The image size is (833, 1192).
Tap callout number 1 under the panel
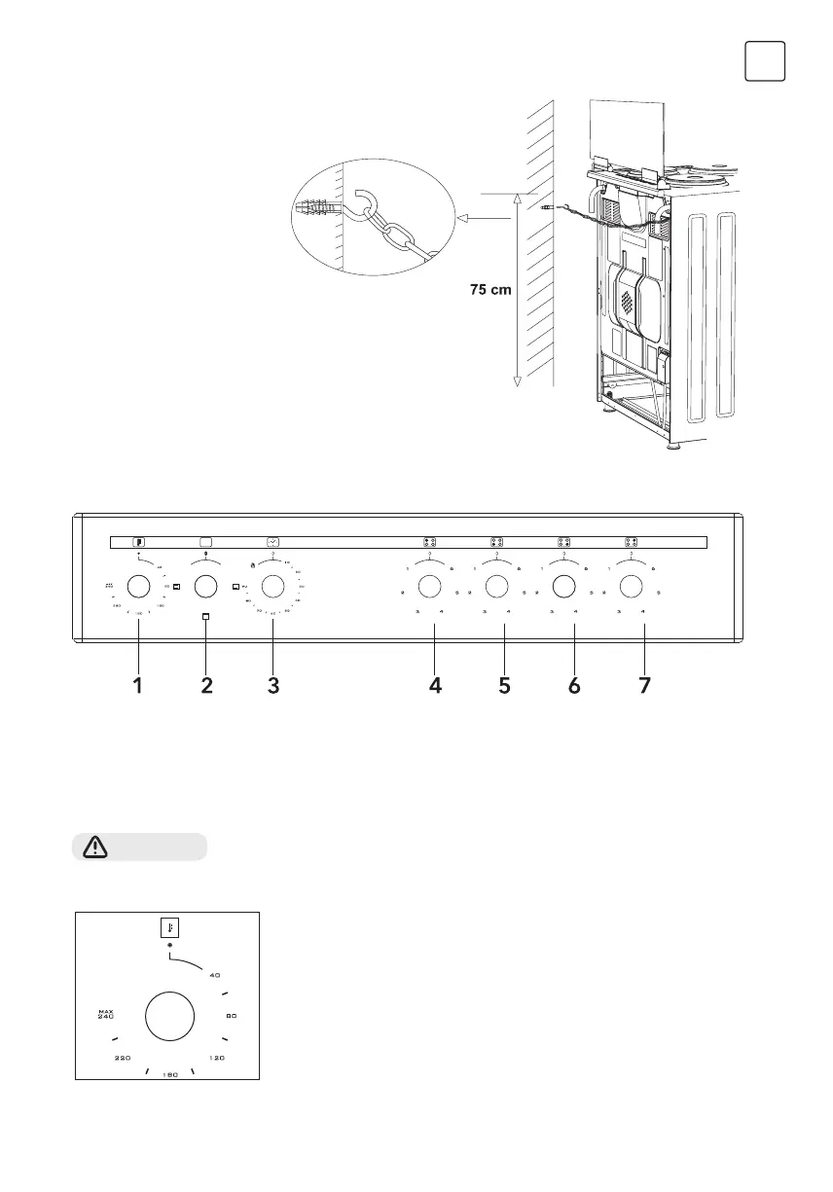click(x=138, y=686)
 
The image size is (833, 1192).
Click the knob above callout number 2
click(x=205, y=586)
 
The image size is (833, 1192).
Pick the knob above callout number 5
click(x=496, y=586)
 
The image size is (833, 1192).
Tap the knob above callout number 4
click(x=428, y=586)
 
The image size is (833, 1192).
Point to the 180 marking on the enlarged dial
click(x=169, y=1074)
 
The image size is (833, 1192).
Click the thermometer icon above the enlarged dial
click(x=170, y=927)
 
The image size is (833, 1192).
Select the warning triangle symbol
click(x=94, y=848)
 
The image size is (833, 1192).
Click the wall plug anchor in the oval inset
click(x=317, y=208)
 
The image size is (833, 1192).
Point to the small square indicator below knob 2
click(x=205, y=618)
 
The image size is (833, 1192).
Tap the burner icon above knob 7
click(x=631, y=543)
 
